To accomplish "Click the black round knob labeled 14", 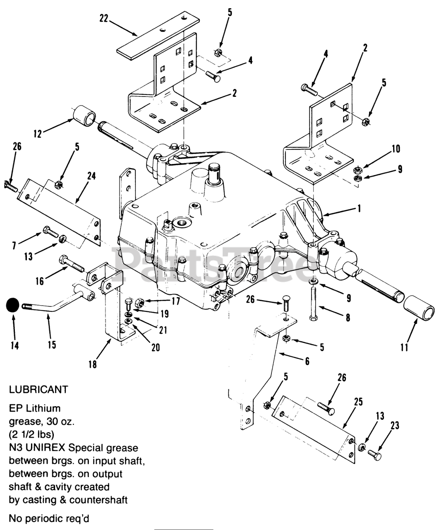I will click(x=13, y=306).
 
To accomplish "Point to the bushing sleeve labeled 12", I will click(x=85, y=116).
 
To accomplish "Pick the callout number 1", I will click(x=359, y=209).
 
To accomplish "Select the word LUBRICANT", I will click(x=38, y=390).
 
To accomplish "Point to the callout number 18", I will click(x=93, y=364).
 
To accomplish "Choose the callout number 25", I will click(x=358, y=401).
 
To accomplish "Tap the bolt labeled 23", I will click(x=375, y=455).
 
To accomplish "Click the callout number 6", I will click(x=307, y=361).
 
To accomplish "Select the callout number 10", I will click(x=396, y=149).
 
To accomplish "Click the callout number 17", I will click(x=176, y=301).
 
